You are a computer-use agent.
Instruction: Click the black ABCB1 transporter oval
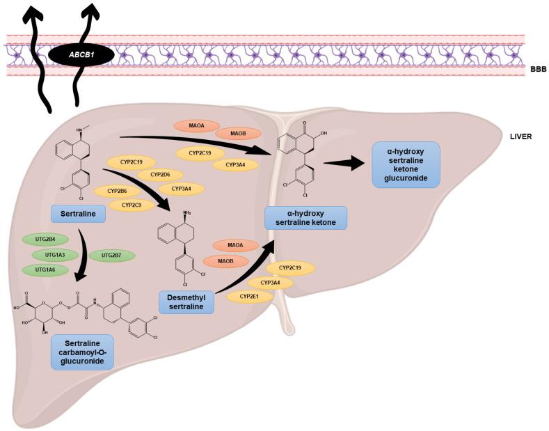point(82,54)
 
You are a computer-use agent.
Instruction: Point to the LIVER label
point(520,136)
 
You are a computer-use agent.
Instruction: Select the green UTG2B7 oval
point(111,256)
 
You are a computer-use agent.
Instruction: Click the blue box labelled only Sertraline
point(78,213)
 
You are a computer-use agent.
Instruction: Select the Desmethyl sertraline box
point(186,301)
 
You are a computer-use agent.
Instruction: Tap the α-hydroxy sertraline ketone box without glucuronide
point(306,217)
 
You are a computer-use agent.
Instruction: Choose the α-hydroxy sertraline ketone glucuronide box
point(406,164)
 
